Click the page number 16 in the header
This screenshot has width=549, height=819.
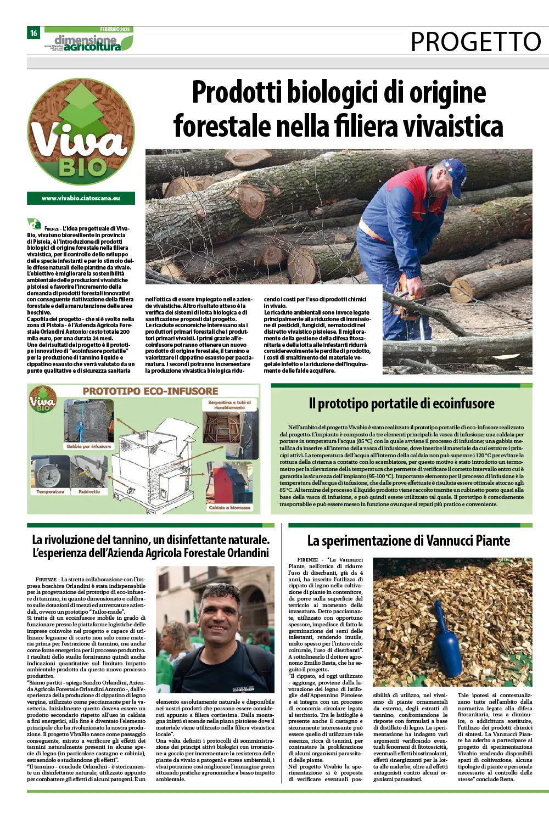33,33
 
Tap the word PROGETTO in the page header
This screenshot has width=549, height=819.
476,41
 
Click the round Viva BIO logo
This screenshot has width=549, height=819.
81,132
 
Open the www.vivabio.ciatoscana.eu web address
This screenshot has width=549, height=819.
81,198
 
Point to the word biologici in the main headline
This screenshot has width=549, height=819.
333,92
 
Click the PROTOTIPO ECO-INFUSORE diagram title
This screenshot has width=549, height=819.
150,391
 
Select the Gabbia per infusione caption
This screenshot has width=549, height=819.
89,446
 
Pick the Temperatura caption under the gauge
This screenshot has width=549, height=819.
50,491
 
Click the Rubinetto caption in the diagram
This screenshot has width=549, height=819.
89,491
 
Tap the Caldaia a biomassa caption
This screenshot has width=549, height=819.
229,507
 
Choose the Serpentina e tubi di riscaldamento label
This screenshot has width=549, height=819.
229,405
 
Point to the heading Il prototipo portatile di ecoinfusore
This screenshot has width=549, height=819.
401,403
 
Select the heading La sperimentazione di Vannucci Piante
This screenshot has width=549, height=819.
408,541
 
